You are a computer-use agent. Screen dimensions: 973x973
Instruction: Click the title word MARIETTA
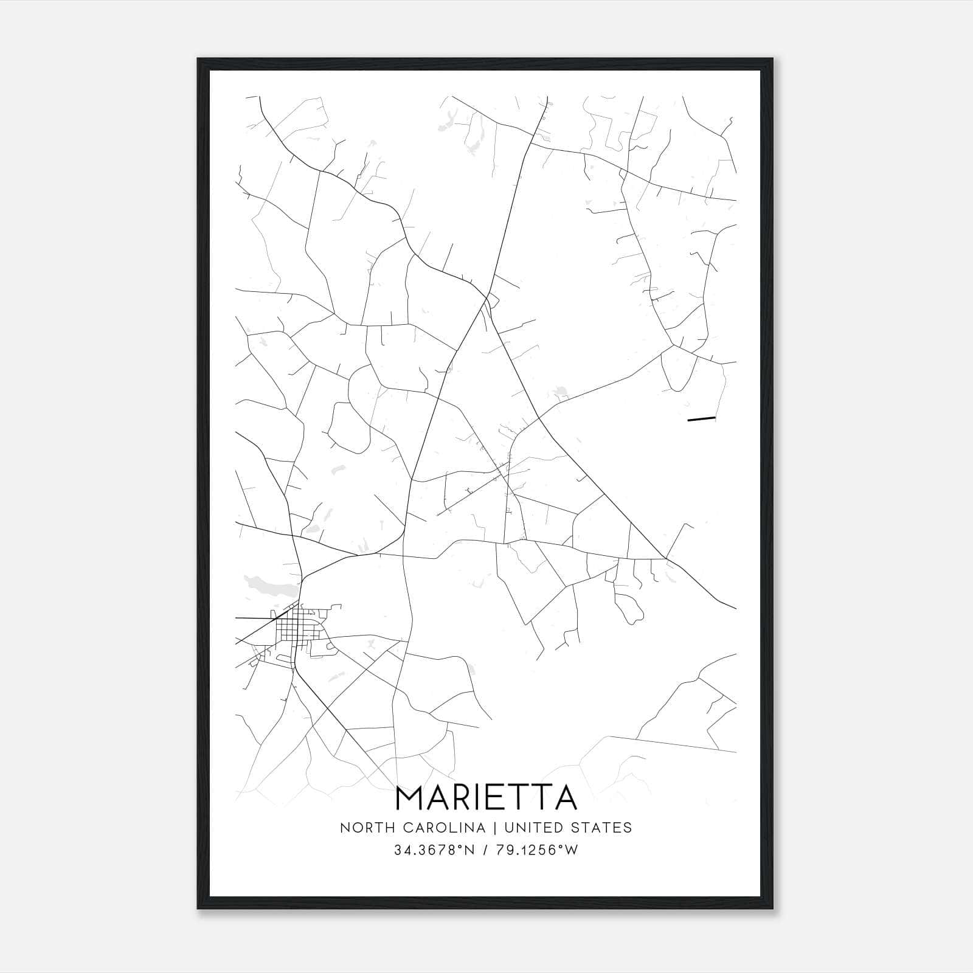(x=486, y=798)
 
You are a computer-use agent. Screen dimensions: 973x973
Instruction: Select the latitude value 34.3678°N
(x=434, y=850)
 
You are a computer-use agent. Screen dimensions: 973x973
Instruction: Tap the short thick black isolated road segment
(x=701, y=419)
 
